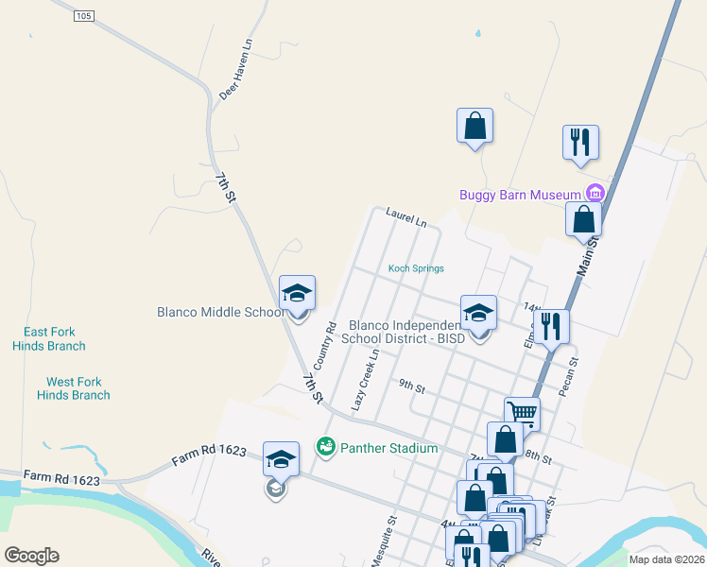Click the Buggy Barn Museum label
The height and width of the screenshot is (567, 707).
click(519, 195)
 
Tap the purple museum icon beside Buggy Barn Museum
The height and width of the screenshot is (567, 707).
click(594, 194)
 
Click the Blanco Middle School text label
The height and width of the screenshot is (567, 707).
click(220, 312)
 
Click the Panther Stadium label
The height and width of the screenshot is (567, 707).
click(388, 448)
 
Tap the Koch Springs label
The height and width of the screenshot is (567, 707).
click(416, 268)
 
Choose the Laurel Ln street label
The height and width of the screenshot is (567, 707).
click(406, 217)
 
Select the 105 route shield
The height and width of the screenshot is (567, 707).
click(84, 16)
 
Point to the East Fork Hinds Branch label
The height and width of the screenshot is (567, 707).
click(49, 338)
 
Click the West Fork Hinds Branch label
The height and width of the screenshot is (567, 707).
click(74, 388)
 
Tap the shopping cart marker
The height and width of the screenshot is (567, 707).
click(521, 412)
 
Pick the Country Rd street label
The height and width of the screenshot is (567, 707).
click(325, 347)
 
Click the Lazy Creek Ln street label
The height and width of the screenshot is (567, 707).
click(366, 380)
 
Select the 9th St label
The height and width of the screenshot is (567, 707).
click(412, 387)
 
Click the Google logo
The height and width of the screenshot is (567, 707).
click(32, 556)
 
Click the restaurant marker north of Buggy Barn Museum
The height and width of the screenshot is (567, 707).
click(580, 143)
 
